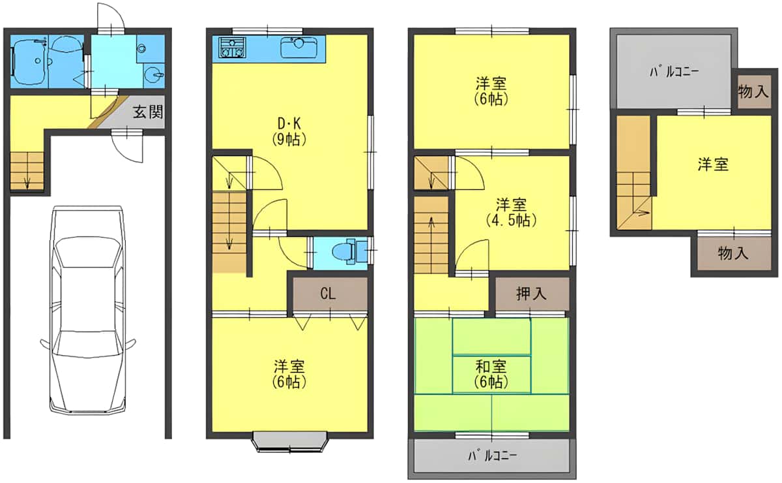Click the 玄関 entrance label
(148, 112)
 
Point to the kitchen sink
(298, 47)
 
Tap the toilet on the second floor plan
(344, 251)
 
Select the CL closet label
(328, 294)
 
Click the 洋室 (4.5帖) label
(511, 211)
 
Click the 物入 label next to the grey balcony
(753, 91)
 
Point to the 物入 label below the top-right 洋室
(732, 253)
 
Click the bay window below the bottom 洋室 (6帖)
(289, 441)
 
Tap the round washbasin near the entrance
(154, 74)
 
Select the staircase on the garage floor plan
(27, 171)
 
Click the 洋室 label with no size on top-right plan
(713, 164)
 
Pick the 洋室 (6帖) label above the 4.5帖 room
(491, 91)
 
